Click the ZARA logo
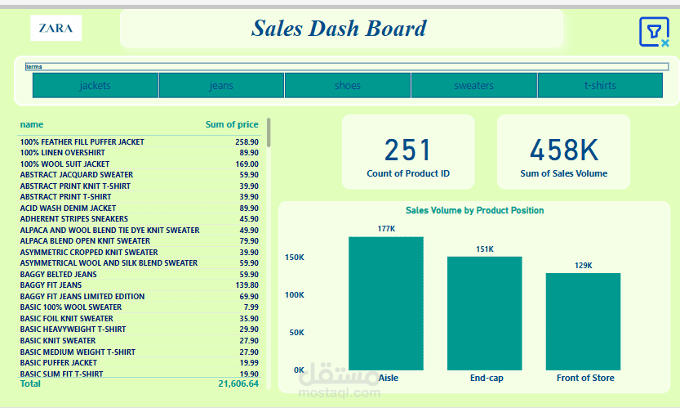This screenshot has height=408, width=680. pyautogui.click(x=56, y=29)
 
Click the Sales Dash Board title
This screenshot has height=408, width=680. pyautogui.click(x=339, y=29)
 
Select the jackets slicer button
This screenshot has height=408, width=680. pyautogui.click(x=96, y=85)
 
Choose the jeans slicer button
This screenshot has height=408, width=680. pyautogui.click(x=221, y=85)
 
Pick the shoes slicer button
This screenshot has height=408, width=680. pyautogui.click(x=347, y=85)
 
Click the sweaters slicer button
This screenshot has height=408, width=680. pyautogui.click(x=473, y=85)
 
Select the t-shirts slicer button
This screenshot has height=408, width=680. pyautogui.click(x=600, y=85)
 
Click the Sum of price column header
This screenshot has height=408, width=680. pyautogui.click(x=232, y=124)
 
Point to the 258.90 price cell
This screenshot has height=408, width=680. pyautogui.click(x=245, y=142)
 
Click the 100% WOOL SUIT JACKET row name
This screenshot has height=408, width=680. pyautogui.click(x=64, y=164)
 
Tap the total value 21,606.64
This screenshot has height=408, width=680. pyautogui.click(x=238, y=383)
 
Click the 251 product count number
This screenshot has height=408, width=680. pyautogui.click(x=408, y=150)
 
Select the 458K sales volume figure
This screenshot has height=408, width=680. pyautogui.click(x=563, y=150)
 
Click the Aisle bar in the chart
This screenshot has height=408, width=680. pyautogui.click(x=386, y=303)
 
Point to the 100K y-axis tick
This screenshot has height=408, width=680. pyautogui.click(x=294, y=294)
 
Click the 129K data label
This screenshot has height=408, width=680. pyautogui.click(x=584, y=266)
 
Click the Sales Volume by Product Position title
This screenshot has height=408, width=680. pyautogui.click(x=474, y=211)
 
